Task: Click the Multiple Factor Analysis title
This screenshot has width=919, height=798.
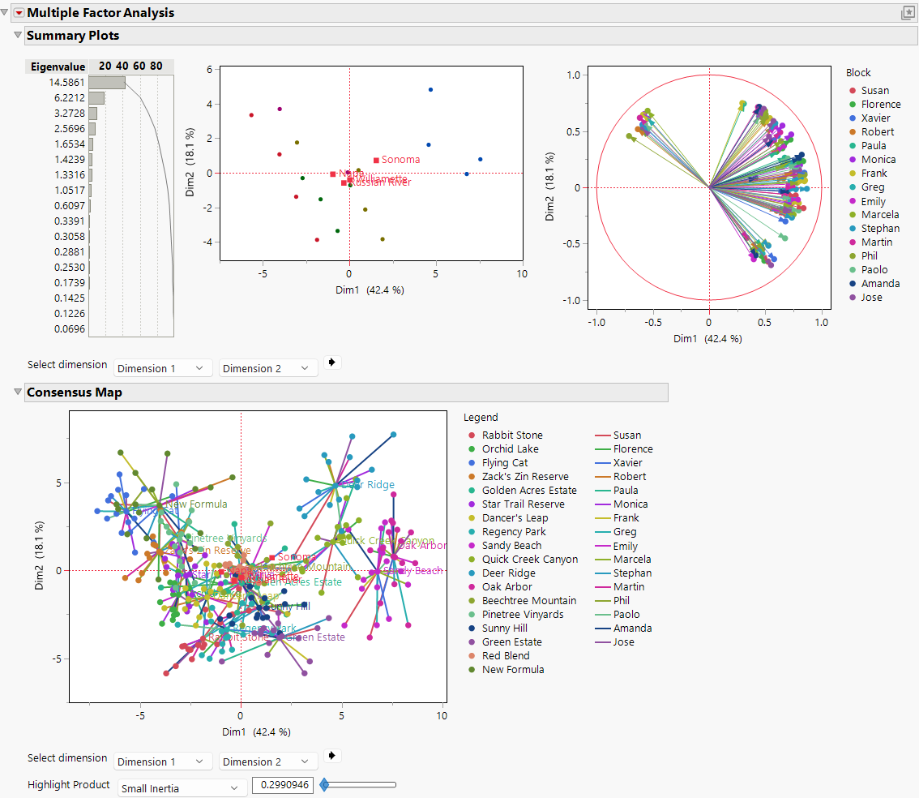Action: [100, 13]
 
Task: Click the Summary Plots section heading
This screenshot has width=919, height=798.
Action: [73, 36]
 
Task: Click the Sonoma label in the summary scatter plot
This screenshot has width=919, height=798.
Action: [400, 160]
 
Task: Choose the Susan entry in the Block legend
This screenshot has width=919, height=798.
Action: [874, 91]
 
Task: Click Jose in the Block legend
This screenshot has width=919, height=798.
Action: [871, 298]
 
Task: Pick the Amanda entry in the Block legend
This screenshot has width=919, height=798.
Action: [880, 284]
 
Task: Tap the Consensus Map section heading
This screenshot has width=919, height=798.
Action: [75, 393]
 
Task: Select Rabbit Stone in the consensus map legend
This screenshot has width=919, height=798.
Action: [512, 435]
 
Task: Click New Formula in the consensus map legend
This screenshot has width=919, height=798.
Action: [513, 670]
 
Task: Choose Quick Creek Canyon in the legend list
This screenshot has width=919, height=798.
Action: [530, 560]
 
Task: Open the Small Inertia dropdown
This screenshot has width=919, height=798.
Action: [182, 787]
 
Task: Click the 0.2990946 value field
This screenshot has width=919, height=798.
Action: [283, 785]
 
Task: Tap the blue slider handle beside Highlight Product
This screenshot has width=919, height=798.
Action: [324, 785]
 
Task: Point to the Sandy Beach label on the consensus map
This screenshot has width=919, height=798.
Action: [415, 571]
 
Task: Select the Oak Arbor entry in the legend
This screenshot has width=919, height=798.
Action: [507, 587]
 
